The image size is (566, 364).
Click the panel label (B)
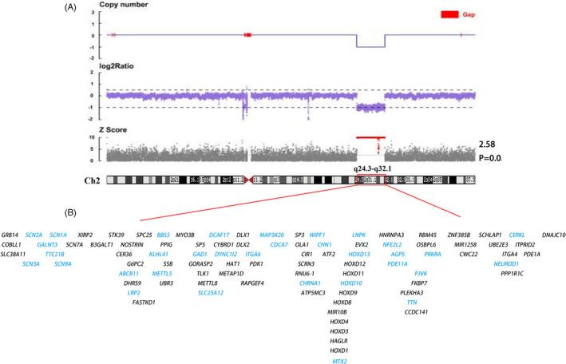73,213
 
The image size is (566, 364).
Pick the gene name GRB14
11,235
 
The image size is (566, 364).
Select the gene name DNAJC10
550,235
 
